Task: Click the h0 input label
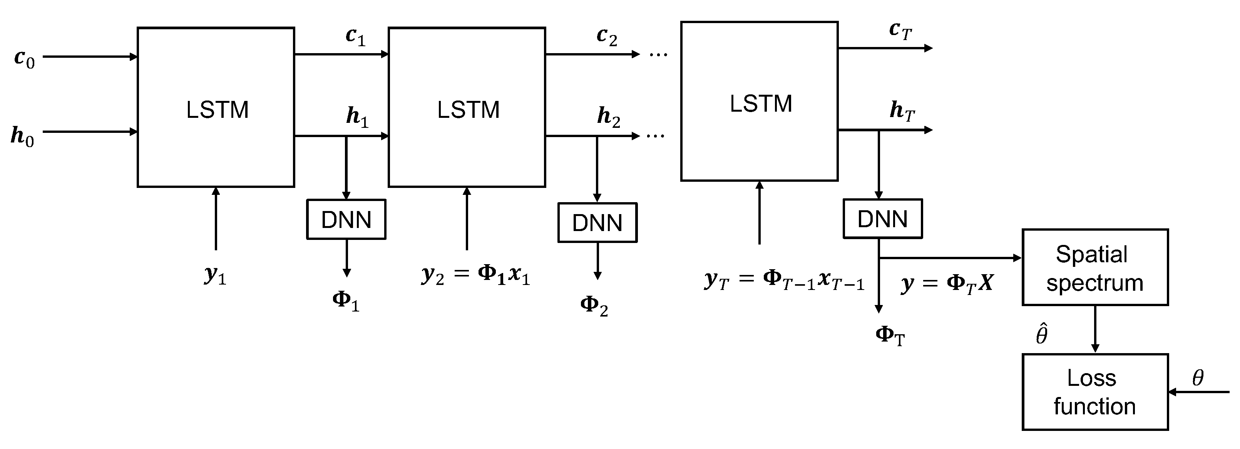click(22, 137)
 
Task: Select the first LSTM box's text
click(217, 110)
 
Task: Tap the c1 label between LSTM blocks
click(356, 37)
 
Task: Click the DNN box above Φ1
click(346, 220)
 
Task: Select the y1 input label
click(215, 275)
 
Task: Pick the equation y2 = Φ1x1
click(475, 275)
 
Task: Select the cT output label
click(900, 31)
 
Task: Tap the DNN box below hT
click(882, 219)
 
